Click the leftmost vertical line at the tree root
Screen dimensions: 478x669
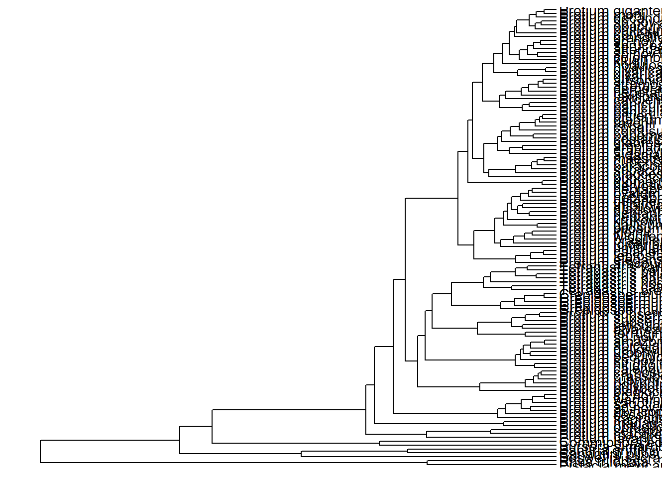(x=40, y=452)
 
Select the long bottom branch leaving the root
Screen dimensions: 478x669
(x=234, y=463)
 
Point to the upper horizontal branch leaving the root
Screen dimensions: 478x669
(x=110, y=440)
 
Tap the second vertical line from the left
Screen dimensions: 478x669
(x=180, y=440)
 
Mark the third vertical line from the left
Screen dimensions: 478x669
(x=213, y=426)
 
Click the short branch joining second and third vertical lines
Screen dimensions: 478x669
(x=196, y=426)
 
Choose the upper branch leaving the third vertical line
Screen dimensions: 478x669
(x=289, y=410)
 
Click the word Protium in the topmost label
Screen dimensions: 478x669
(x=577, y=10)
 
